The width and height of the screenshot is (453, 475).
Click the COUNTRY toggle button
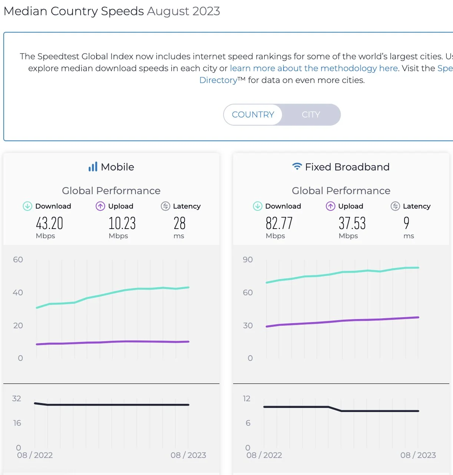click(253, 115)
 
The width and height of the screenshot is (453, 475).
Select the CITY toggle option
click(311, 115)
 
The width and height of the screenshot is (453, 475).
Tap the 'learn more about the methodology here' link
click(314, 68)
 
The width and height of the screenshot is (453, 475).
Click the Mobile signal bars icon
click(93, 167)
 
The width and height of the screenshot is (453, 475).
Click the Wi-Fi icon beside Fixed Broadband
click(297, 167)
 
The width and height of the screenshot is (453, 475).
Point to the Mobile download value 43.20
click(49, 223)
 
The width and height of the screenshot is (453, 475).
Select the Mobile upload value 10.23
click(122, 223)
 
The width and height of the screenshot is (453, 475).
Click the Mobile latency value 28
click(179, 223)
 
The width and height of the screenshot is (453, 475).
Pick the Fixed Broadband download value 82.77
click(279, 223)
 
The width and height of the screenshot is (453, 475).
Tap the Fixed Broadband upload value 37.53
click(352, 223)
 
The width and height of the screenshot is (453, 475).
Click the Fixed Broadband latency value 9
click(406, 223)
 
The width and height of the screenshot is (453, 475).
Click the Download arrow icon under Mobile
click(27, 206)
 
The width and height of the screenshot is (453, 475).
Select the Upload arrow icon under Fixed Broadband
click(330, 206)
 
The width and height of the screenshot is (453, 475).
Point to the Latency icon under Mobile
click(165, 206)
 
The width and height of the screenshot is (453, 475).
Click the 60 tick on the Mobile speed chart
click(18, 260)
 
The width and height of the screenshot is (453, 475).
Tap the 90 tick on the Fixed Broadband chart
click(248, 260)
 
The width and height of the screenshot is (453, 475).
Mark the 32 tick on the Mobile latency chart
click(17, 399)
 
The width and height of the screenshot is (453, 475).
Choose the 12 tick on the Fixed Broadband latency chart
click(247, 399)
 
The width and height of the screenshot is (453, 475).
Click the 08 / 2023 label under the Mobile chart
click(188, 455)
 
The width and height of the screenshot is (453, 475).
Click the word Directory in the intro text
click(218, 80)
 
